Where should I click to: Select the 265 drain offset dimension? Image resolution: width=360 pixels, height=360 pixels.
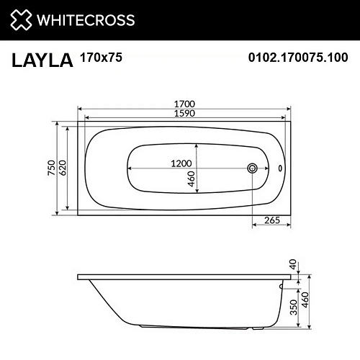tap(271, 220)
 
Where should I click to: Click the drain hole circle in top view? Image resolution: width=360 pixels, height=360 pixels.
tap(252, 168)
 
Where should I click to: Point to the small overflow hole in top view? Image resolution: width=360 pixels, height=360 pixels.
tap(281, 168)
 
